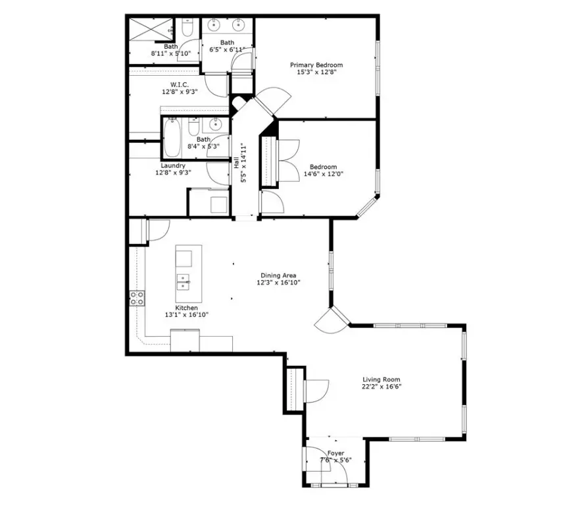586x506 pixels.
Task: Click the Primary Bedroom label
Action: pyautogui.click(x=316, y=65)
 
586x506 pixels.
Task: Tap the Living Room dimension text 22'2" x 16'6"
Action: pyautogui.click(x=381, y=387)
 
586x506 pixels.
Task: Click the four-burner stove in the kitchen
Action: pyautogui.click(x=137, y=298)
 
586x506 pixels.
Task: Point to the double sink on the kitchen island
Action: pyautogui.click(x=183, y=282)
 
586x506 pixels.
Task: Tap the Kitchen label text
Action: pyautogui.click(x=186, y=308)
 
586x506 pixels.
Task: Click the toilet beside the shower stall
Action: pyautogui.click(x=186, y=28)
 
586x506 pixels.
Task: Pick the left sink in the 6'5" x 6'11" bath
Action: pyautogui.click(x=214, y=26)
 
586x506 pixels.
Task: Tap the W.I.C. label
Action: pyautogui.click(x=180, y=84)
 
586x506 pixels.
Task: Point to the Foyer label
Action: pyautogui.click(x=335, y=453)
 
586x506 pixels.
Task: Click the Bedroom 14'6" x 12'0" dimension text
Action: pyautogui.click(x=322, y=174)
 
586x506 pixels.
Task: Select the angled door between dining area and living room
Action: pyautogui.click(x=329, y=321)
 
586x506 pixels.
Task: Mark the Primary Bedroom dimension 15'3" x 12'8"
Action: pyautogui.click(x=316, y=72)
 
